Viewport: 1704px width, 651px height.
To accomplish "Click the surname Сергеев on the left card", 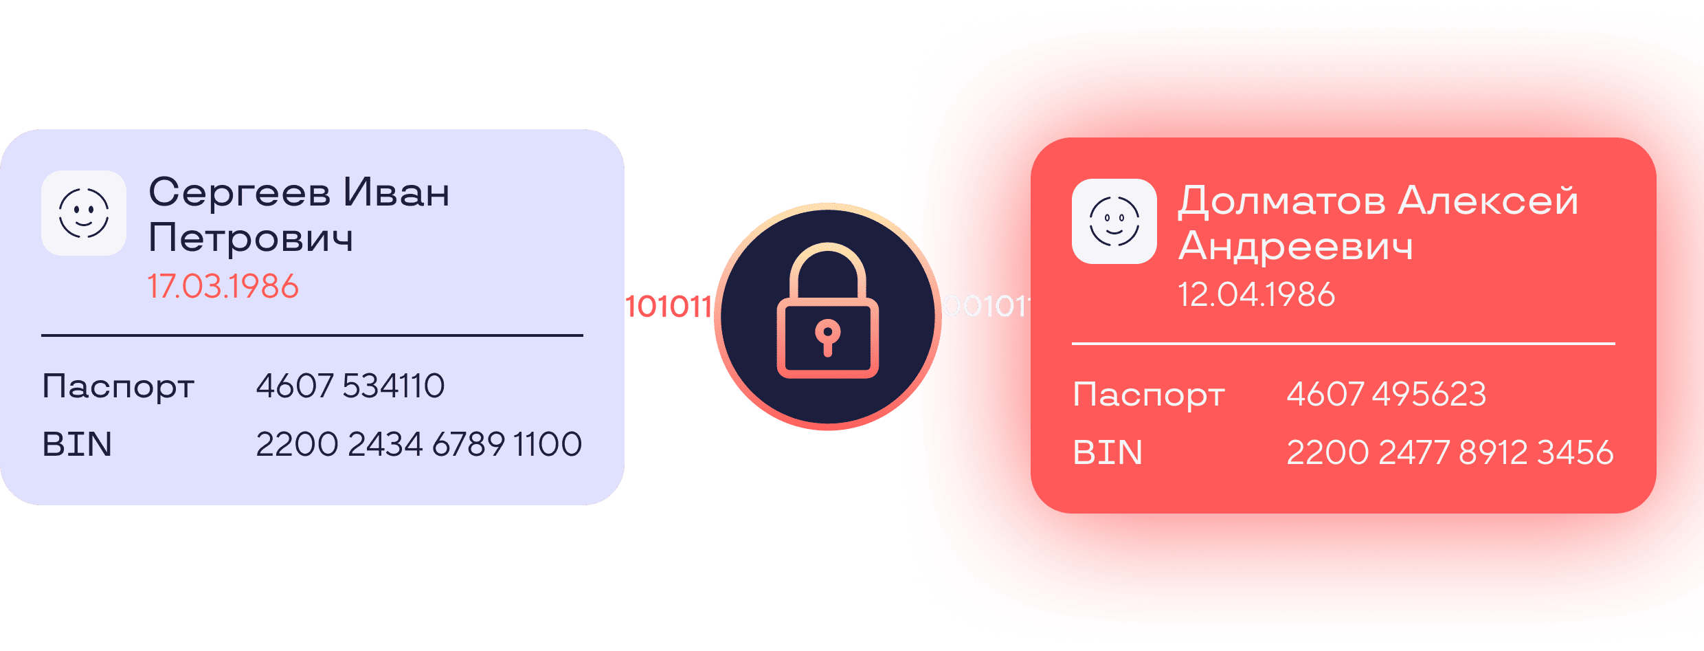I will [x=239, y=194].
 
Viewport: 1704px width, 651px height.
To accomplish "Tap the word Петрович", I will [x=251, y=239].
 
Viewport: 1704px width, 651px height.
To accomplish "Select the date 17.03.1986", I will [x=223, y=287].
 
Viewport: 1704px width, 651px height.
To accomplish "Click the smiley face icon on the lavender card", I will [x=84, y=213].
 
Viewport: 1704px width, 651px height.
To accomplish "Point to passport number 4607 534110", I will [x=350, y=386].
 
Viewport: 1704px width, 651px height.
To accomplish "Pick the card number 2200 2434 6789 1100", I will [x=418, y=445].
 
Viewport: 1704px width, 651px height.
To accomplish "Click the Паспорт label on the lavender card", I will [x=118, y=387].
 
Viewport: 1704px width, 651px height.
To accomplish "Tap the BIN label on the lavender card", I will [x=77, y=445].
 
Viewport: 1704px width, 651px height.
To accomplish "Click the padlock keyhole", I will [x=827, y=336].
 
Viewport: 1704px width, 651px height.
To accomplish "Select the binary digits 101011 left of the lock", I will [x=668, y=307].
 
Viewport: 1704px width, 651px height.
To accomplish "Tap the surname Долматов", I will [x=1281, y=201].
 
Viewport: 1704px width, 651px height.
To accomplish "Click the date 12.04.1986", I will [x=1256, y=295].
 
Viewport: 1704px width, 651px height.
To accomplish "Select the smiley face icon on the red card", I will [x=1114, y=221].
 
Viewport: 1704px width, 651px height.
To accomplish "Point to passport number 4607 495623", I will [x=1386, y=395].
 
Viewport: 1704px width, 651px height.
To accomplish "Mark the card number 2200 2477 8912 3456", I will [x=1450, y=453].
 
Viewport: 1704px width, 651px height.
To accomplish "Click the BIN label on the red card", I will [x=1108, y=453].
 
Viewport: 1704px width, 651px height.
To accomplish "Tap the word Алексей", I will [x=1488, y=201].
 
